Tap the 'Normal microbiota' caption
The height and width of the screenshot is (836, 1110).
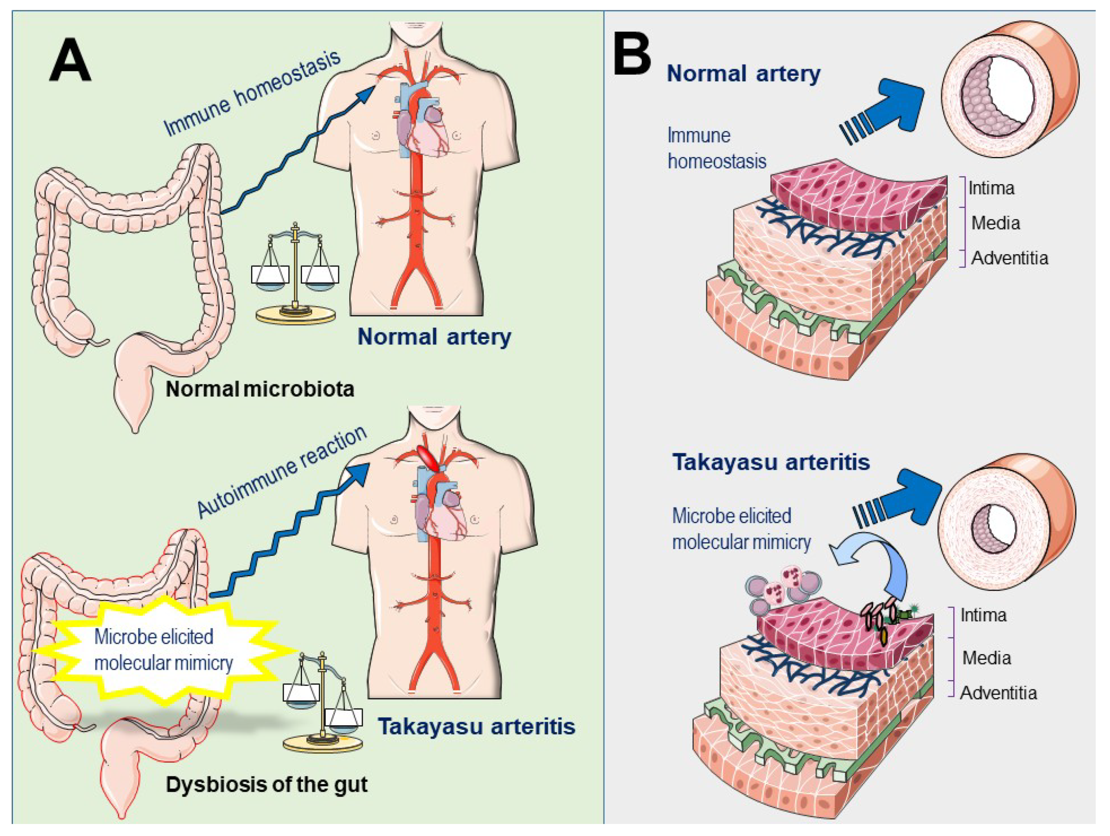[x=260, y=389]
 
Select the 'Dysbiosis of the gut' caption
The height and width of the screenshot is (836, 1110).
[x=266, y=784]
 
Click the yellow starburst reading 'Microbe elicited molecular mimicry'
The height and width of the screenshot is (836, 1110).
[x=163, y=650]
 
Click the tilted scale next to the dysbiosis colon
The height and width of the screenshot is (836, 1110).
[x=322, y=703]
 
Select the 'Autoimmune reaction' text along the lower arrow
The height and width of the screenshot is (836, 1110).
[x=281, y=472]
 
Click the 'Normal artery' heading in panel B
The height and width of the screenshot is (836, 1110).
[x=743, y=74]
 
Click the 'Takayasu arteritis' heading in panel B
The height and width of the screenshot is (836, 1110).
[x=771, y=462]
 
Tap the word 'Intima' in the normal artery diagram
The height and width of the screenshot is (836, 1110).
[x=991, y=188]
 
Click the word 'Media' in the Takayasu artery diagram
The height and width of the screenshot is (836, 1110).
[x=986, y=658]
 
